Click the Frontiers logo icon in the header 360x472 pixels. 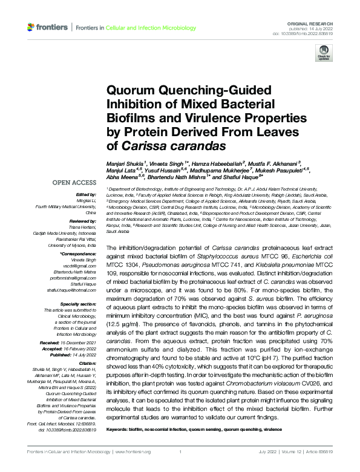31,28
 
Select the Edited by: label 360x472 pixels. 85,194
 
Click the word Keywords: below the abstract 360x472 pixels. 118,430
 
